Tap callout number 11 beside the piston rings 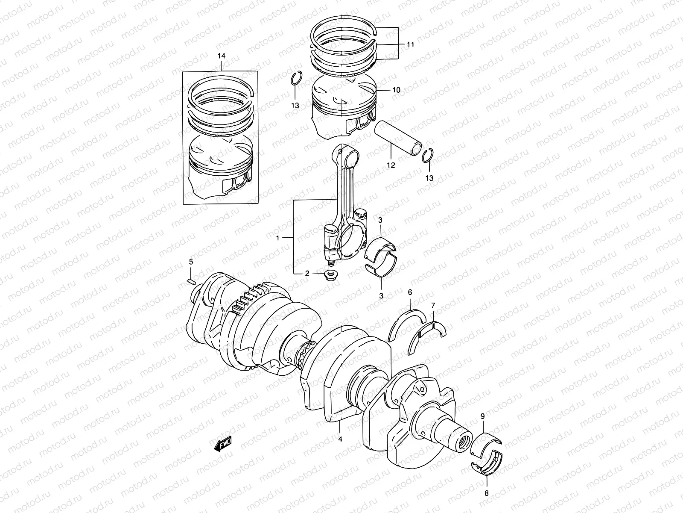click(410, 44)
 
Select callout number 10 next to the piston click(396, 90)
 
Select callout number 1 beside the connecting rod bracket click(277, 239)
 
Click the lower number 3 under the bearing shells click(381, 295)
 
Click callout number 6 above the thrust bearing click(410, 292)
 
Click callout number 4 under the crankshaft click(340, 439)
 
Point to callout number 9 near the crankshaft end click(482, 415)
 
